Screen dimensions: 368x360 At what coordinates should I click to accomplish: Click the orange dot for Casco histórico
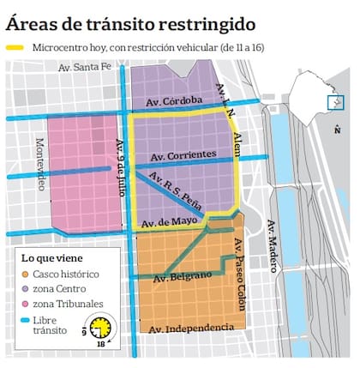[27, 274]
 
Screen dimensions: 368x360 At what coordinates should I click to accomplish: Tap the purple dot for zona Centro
[27, 288]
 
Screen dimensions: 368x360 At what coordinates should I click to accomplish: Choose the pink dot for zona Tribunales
[27, 304]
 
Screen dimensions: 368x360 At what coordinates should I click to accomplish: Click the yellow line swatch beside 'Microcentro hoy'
[15, 47]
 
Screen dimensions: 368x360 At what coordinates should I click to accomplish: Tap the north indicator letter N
[339, 130]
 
